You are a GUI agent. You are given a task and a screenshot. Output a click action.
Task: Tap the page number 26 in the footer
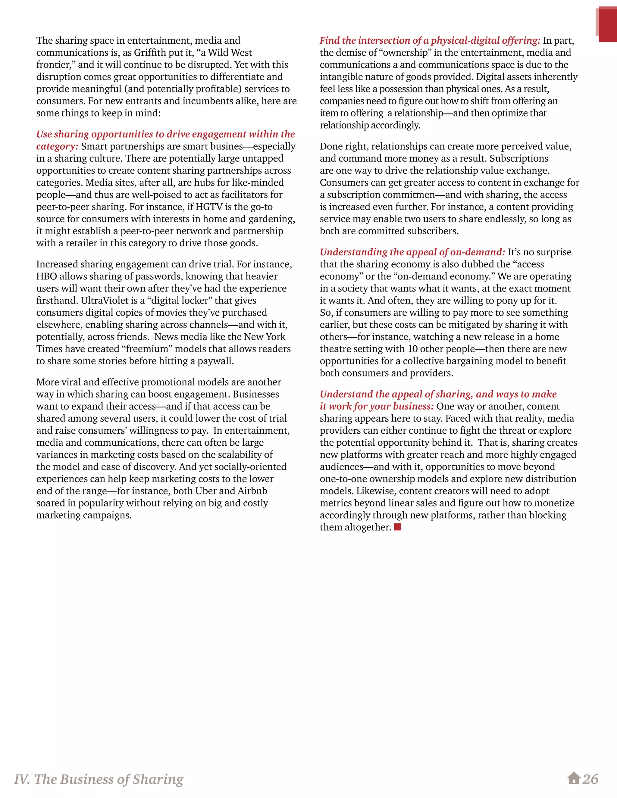point(590,779)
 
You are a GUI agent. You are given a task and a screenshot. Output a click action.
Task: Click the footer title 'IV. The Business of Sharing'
point(99,779)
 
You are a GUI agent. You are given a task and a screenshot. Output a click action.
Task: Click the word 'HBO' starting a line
point(46,276)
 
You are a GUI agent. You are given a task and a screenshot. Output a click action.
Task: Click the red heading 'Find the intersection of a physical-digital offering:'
point(430,41)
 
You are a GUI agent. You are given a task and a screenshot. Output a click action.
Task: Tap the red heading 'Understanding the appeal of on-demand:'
point(412,252)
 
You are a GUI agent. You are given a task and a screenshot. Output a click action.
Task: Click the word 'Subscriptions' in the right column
point(519,158)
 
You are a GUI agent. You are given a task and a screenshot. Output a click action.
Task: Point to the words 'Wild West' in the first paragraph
point(230,53)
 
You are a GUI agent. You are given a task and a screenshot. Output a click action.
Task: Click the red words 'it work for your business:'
point(377,406)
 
